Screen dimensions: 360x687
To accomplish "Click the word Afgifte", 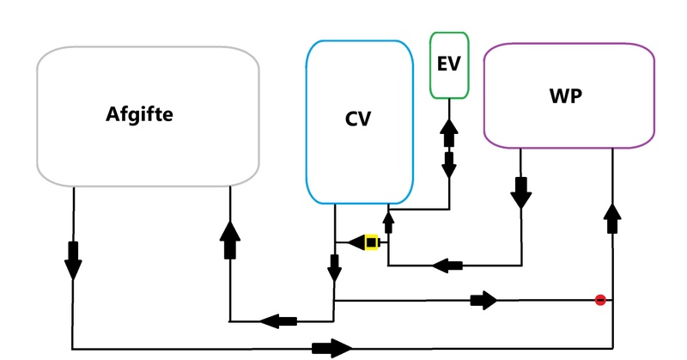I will click(140, 114).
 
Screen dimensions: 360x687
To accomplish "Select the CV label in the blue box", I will click(357, 119).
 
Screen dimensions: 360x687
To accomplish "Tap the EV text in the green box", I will click(449, 64).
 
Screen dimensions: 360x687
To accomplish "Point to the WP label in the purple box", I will click(566, 96).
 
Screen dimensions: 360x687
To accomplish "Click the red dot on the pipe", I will click(600, 300).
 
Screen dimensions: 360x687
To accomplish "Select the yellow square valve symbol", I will click(372, 243).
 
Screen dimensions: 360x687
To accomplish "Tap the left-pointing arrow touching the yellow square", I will click(356, 243).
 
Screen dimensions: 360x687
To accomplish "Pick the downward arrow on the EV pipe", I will click(448, 164).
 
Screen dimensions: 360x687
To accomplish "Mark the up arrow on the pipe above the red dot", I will click(612, 218).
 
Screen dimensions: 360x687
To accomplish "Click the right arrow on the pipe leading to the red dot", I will click(484, 300).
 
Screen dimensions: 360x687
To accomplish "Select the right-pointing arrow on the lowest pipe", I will click(332, 348).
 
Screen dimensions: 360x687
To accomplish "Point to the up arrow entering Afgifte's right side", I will click(230, 238).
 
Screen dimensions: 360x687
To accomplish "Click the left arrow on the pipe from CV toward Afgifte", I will click(277, 320).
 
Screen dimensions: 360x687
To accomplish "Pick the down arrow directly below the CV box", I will click(334, 267).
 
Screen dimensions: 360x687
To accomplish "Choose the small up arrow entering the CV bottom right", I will click(388, 223).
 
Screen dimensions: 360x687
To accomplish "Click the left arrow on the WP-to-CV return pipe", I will click(448, 265).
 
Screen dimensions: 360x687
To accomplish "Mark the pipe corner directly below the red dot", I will click(612, 348).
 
